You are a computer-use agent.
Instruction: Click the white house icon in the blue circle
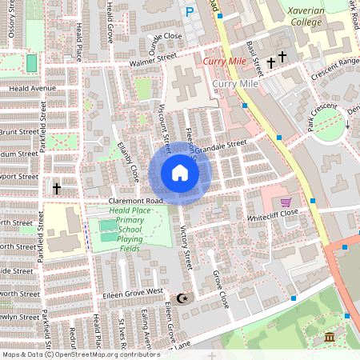pyautogui.click(x=180, y=173)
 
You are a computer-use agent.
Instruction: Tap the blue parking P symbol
pyautogui.click(x=190, y=11)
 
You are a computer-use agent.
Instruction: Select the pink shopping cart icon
pyautogui.click(x=286, y=202)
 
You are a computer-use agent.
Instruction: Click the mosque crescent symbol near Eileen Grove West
pyautogui.click(x=184, y=298)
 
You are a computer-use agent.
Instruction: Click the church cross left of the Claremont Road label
pyautogui.click(x=57, y=189)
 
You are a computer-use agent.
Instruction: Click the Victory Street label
pyautogui.click(x=186, y=248)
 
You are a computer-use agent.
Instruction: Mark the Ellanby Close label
pyautogui.click(x=128, y=160)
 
